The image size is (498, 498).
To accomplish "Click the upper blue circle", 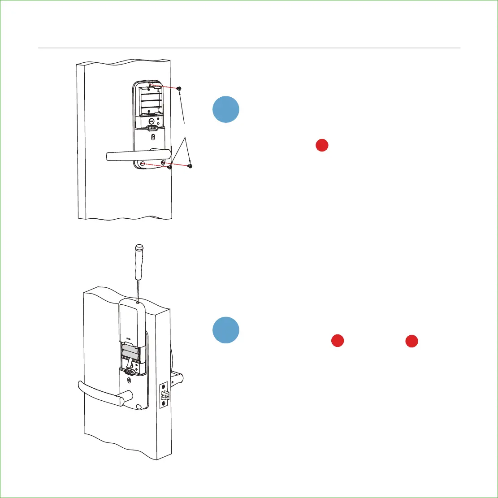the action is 226,109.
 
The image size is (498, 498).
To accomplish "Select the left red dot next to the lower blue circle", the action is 337,341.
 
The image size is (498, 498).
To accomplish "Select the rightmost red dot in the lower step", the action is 412,341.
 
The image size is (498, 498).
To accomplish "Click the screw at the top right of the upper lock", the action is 179,89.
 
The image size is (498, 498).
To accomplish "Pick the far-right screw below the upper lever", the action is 190,166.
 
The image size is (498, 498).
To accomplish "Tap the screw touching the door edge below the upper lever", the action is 170,168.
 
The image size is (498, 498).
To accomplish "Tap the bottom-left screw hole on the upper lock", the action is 142,165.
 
